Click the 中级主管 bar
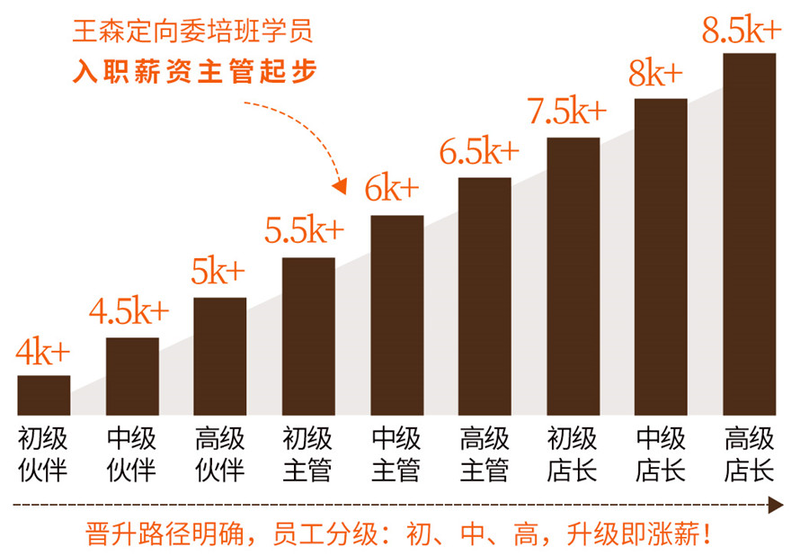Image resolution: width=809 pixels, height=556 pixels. click(x=396, y=315)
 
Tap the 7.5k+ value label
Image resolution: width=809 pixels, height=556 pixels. click(x=566, y=112)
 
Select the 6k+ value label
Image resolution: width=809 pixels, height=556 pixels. click(x=392, y=189)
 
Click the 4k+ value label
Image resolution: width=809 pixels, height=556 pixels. click(x=42, y=352)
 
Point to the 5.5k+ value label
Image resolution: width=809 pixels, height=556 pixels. click(x=304, y=231)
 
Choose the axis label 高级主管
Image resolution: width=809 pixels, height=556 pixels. click(x=485, y=454)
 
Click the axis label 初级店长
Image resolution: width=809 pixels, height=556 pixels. click(x=573, y=454)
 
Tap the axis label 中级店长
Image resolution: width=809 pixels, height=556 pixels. click(x=661, y=454)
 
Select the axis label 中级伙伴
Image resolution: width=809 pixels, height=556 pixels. click(x=132, y=454)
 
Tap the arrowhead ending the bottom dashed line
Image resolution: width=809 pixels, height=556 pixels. click(x=777, y=506)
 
